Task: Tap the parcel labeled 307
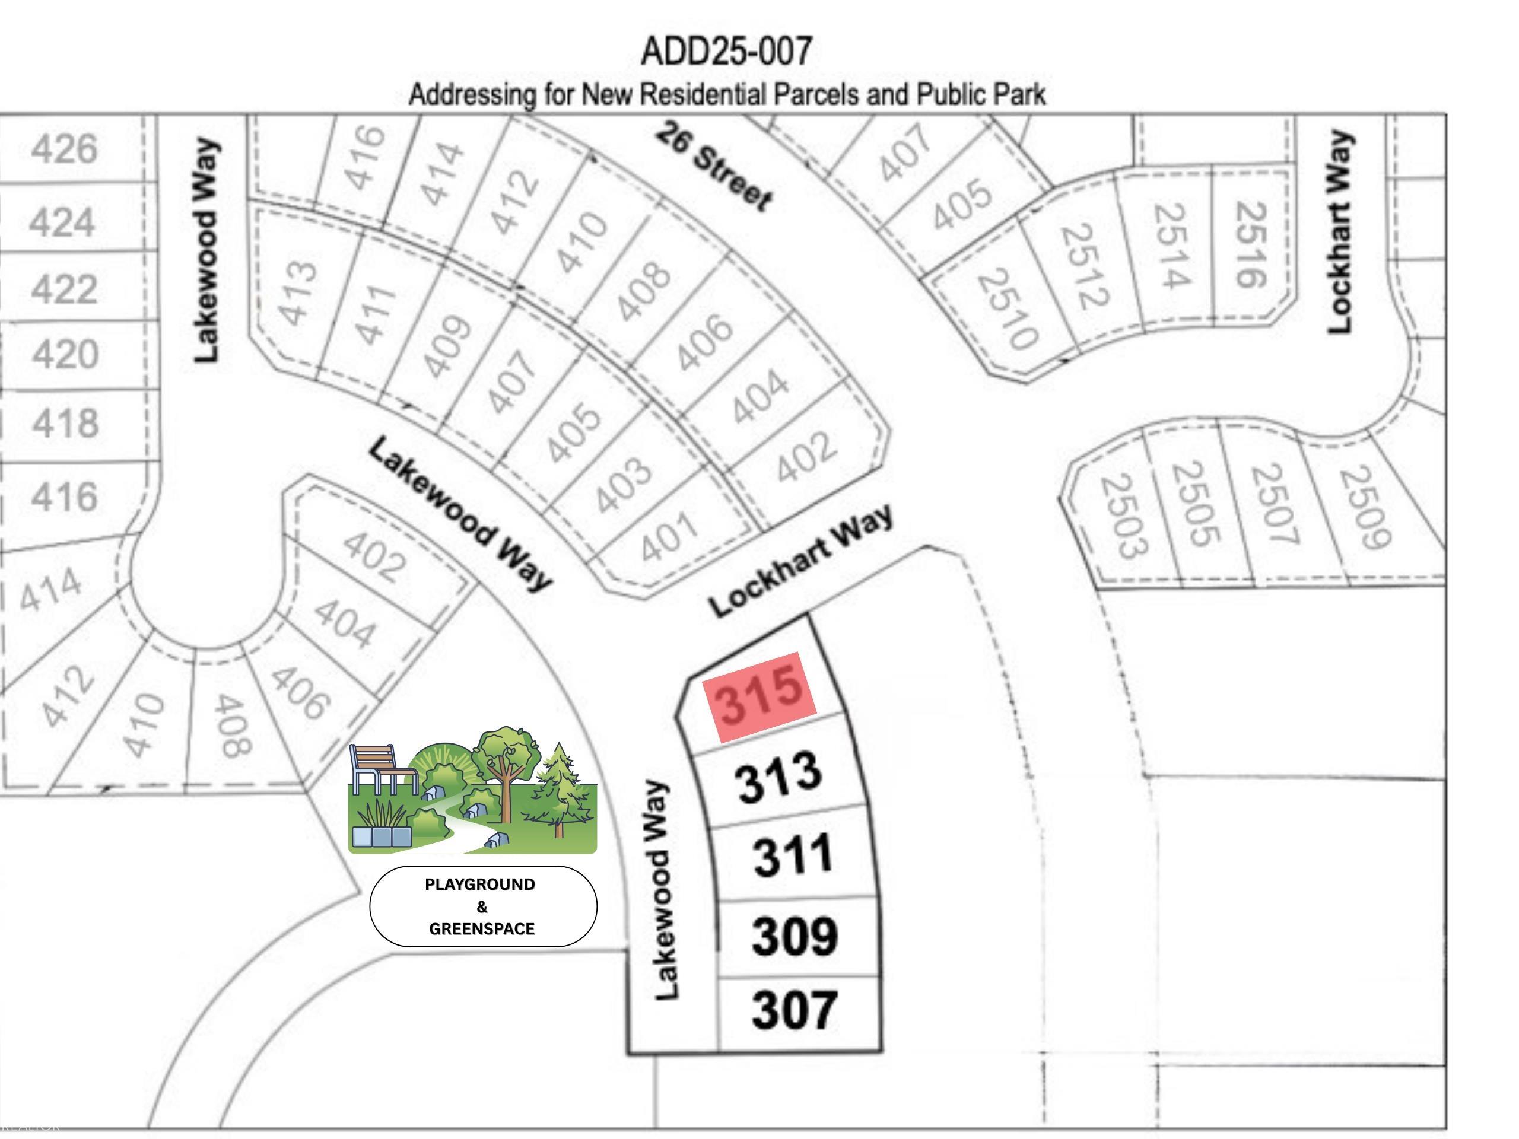[x=795, y=1009]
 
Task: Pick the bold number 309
[x=795, y=935]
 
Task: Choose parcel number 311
[x=793, y=855]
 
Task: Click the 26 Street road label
[x=713, y=167]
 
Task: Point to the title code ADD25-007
[x=726, y=52]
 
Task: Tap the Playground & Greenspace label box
[x=483, y=906]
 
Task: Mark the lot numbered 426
[x=65, y=148]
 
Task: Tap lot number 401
[x=669, y=537]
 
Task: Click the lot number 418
[x=65, y=423]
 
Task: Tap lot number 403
[x=622, y=484]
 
